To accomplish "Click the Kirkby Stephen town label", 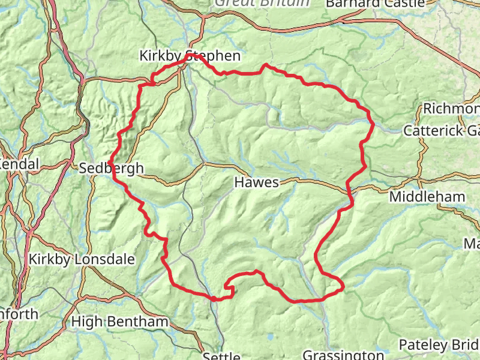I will [x=190, y=56].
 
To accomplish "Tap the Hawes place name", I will [x=257, y=182].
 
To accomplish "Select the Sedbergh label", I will [x=112, y=168].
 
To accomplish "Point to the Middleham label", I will [x=427, y=197].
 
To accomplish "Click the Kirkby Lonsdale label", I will [x=82, y=259].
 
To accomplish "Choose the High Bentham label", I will [x=119, y=322].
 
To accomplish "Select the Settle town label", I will [x=221, y=356].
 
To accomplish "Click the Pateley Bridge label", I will [x=439, y=345].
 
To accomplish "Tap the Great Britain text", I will [x=262, y=2].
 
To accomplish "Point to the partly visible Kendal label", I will [x=19, y=164].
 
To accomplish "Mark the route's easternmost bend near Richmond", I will [x=373, y=124].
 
